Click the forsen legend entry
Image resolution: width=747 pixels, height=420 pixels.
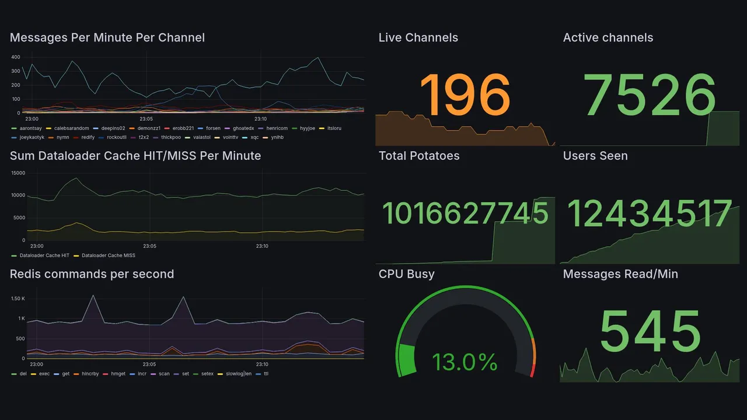pos(213,128)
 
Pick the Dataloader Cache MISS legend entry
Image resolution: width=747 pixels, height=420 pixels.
pos(108,256)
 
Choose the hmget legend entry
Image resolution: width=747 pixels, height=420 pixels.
pos(118,373)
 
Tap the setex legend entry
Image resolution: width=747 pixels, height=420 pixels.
pos(207,373)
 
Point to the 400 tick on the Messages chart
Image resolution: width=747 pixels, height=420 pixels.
pos(15,57)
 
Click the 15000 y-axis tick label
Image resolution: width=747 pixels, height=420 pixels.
pos(18,173)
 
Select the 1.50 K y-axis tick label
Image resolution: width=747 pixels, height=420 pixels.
pos(18,299)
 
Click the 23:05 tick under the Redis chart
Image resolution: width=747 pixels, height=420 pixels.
pos(150,364)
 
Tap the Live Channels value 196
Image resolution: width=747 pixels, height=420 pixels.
pos(465,95)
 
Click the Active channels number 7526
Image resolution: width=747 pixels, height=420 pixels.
pos(650,95)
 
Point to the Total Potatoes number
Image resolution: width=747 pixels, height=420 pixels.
pos(465,213)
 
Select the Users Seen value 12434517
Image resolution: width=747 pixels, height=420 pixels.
pos(650,213)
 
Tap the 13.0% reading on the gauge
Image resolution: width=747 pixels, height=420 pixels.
pos(465,362)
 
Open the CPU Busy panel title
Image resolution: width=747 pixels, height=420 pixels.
pos(406,274)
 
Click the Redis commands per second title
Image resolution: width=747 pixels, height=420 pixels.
pos(92,274)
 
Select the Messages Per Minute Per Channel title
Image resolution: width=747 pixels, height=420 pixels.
pos(107,38)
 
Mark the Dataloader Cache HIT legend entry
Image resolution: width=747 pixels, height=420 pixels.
pos(44,256)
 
